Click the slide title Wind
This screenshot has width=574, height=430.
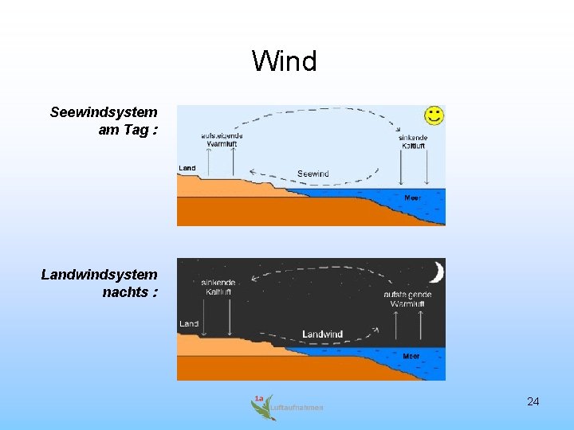[x=285, y=61]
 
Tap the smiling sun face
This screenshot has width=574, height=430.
[x=434, y=115]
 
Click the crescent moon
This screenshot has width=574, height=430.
[x=435, y=272]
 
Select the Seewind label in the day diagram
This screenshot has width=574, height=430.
[x=313, y=174]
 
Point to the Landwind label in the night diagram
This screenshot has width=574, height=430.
[x=322, y=334]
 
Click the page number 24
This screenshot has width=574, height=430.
[x=533, y=401]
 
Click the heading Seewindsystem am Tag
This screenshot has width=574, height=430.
[x=104, y=121]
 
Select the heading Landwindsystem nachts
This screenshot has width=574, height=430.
[x=100, y=283]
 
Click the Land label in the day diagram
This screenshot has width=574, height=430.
[x=187, y=168]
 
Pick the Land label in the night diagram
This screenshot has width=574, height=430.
[x=189, y=324]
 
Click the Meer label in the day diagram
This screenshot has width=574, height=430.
[x=412, y=197]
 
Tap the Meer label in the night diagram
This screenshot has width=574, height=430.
[x=411, y=356]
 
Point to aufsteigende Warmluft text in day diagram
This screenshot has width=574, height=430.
[x=222, y=140]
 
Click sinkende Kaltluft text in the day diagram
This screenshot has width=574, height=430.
[x=413, y=142]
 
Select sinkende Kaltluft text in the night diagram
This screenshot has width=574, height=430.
[x=218, y=287]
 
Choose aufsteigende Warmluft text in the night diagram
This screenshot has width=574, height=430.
[x=407, y=299]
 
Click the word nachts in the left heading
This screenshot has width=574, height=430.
[x=125, y=292]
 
